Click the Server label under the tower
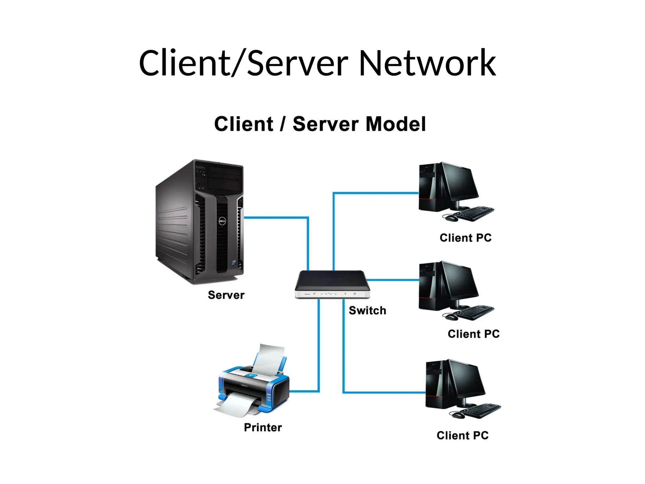click(x=226, y=295)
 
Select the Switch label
click(x=367, y=311)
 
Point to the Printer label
click(x=263, y=428)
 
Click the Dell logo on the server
click(x=222, y=221)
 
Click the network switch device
click(x=332, y=284)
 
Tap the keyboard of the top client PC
click(x=474, y=214)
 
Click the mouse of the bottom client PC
click(x=458, y=416)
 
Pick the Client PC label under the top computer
click(x=465, y=238)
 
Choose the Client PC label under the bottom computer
click(x=462, y=435)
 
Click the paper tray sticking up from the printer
click(x=270, y=359)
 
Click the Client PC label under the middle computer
click(x=474, y=334)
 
